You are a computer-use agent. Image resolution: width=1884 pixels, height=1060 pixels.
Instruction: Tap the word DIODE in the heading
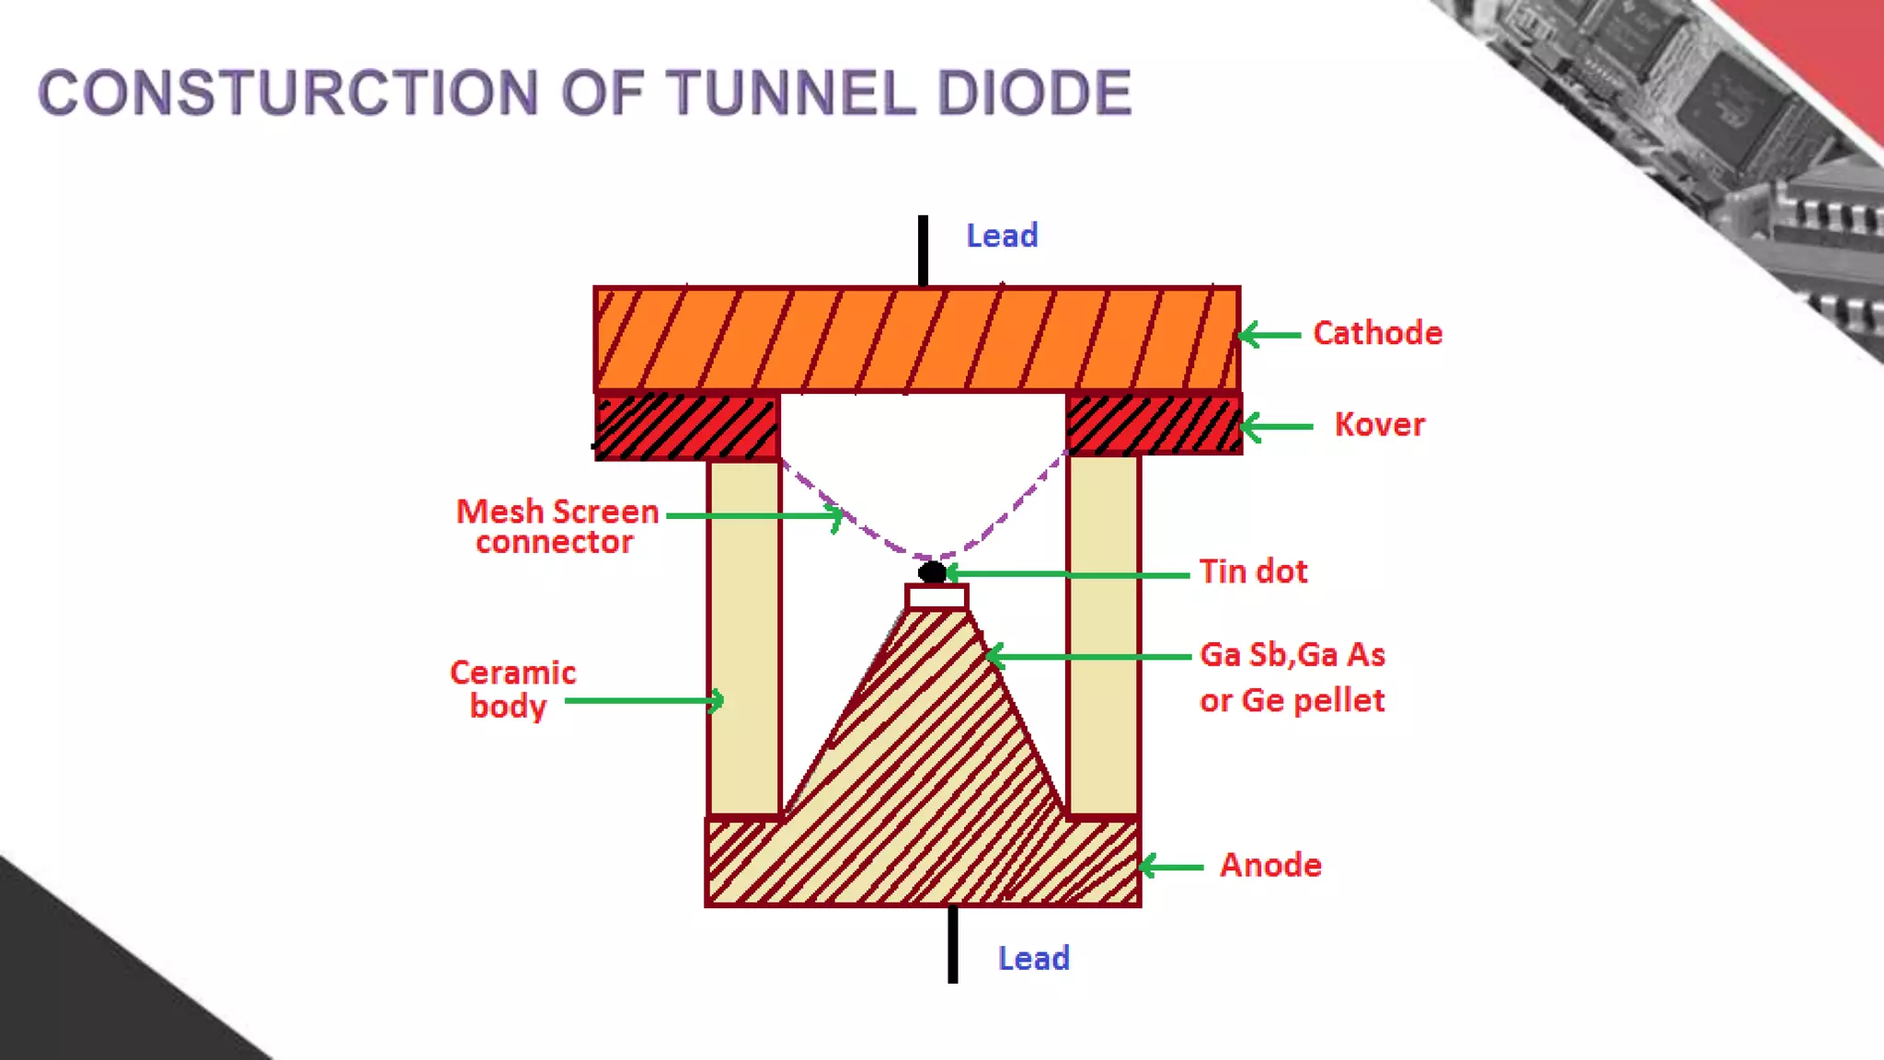(x=1034, y=93)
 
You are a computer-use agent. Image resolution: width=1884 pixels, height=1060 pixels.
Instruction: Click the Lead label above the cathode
(x=1002, y=236)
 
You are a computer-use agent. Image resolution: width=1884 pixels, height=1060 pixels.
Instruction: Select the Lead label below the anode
(x=1033, y=959)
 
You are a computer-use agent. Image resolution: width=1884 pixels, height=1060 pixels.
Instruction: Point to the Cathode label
(x=1377, y=333)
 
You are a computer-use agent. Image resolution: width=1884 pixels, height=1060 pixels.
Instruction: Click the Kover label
(x=1379, y=424)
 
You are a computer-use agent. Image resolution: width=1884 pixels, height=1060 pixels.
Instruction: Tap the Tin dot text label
(x=1253, y=571)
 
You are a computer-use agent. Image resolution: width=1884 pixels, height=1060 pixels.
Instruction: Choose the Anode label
(x=1270, y=865)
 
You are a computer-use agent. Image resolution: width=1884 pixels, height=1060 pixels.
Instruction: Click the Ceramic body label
(x=512, y=689)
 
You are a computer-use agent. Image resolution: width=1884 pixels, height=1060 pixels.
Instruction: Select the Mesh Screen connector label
(x=557, y=526)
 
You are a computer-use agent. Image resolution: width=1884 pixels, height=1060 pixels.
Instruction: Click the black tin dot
(x=932, y=572)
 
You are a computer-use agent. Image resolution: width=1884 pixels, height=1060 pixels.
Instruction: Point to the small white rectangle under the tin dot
(x=936, y=597)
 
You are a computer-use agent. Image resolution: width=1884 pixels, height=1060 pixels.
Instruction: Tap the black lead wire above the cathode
(x=923, y=250)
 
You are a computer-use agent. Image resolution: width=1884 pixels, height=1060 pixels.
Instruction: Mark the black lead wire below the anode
(x=953, y=945)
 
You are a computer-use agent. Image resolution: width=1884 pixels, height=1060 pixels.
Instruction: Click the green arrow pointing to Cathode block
(x=1269, y=335)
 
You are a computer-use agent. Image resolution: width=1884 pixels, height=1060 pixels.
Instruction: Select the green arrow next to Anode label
(x=1171, y=867)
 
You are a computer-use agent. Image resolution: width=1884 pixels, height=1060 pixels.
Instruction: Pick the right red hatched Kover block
(x=1154, y=424)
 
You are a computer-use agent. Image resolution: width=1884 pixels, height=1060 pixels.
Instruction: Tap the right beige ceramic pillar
(x=1103, y=635)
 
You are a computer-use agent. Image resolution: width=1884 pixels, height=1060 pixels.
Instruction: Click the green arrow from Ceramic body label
(x=644, y=701)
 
